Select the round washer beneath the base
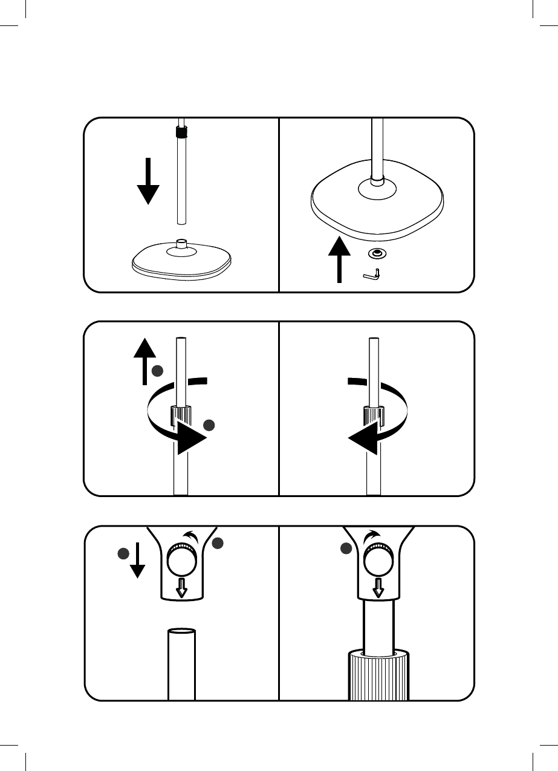pyautogui.click(x=378, y=254)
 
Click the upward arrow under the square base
pyautogui.click(x=339, y=260)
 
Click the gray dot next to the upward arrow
pyautogui.click(x=157, y=370)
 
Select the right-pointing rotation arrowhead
pyautogui.click(x=190, y=440)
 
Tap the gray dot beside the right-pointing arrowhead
pyautogui.click(x=209, y=425)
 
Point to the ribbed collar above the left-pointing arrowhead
pyautogui.click(x=374, y=415)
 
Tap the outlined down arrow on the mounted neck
pyautogui.click(x=378, y=587)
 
